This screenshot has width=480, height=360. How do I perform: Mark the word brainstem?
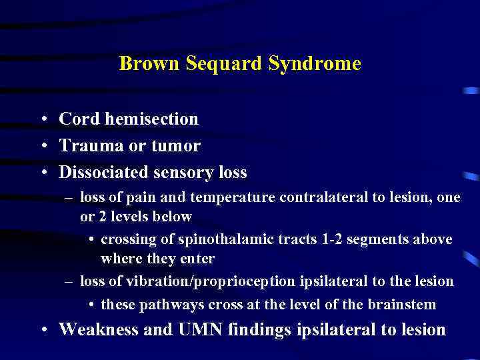[x=405, y=305]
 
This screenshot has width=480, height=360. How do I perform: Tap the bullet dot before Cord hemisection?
[x=43, y=120]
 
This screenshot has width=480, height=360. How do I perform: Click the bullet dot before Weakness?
[x=43, y=330]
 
